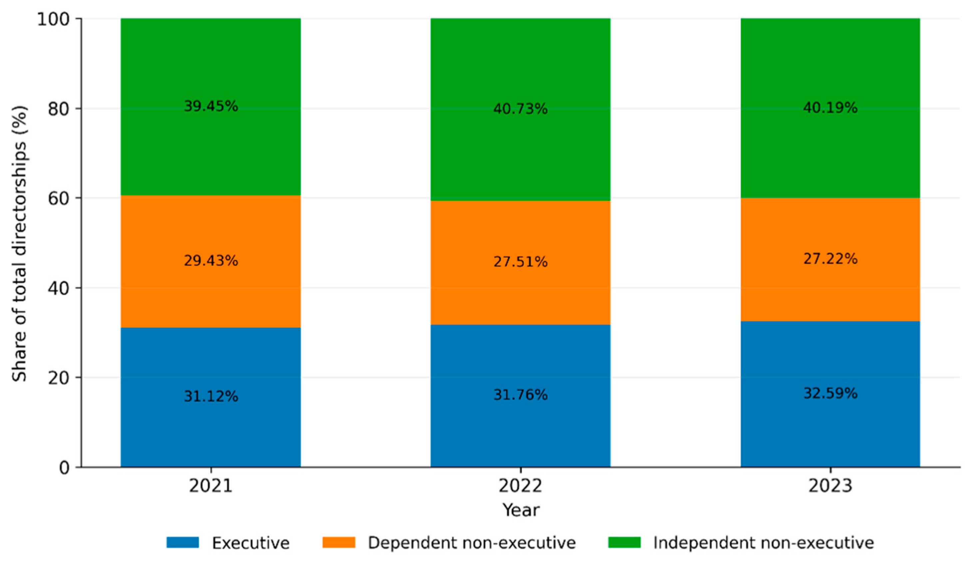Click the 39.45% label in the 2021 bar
(211, 106)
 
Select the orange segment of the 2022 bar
(520, 263)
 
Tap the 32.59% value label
(830, 393)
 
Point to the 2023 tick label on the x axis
(830, 486)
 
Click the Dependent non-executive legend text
(471, 543)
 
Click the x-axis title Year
(520, 510)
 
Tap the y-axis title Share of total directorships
(19, 244)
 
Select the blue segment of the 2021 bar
(211, 397)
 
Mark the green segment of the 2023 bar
(830, 108)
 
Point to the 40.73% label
(520, 109)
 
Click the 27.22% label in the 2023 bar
(830, 259)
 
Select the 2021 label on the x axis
(211, 486)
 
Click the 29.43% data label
(211, 261)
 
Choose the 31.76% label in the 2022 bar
(520, 395)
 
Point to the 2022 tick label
(520, 486)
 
